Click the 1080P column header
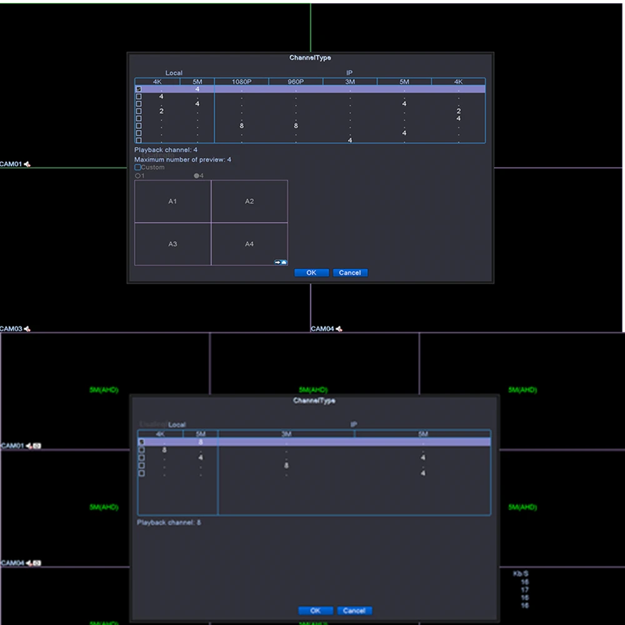click(241, 81)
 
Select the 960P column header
click(296, 81)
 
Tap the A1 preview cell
click(172, 201)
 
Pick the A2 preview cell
click(249, 201)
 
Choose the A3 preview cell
click(172, 244)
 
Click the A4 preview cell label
click(249, 244)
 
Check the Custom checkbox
click(138, 167)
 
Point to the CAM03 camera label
click(11, 329)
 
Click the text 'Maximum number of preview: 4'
click(182, 160)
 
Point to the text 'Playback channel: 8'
click(169, 522)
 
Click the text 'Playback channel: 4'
click(166, 150)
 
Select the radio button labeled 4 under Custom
click(196, 176)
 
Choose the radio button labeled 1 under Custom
click(137, 176)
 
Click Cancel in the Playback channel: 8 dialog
click(354, 611)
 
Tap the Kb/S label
click(521, 574)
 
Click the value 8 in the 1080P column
click(241, 126)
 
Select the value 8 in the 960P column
click(296, 126)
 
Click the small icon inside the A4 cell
click(281, 262)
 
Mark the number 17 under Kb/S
click(524, 590)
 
